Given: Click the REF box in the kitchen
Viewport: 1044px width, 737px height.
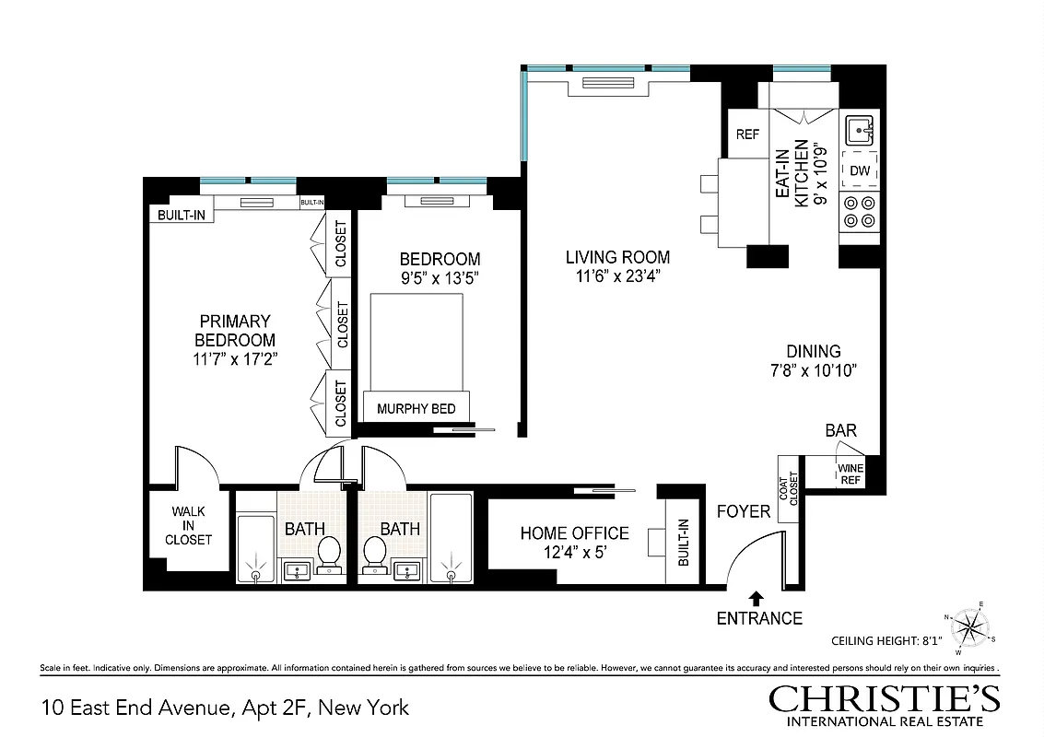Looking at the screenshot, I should coord(747,135).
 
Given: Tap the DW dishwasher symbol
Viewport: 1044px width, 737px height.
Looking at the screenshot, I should coord(860,170).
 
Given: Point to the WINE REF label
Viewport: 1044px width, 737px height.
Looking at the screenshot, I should coord(850,474).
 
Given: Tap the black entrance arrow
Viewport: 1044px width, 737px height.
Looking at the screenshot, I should coord(757,597).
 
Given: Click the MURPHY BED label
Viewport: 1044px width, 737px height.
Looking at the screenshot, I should coord(416,408).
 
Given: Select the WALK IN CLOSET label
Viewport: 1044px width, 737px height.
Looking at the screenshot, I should coord(188,525).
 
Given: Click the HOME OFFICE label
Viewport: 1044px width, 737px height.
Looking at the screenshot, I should coord(574,533).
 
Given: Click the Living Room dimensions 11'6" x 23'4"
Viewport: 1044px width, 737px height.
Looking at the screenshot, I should coord(617,275).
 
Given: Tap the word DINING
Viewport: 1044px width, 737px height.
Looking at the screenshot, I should coord(813,351).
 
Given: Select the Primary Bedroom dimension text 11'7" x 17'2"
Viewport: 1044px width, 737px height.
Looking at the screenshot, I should coord(235,359).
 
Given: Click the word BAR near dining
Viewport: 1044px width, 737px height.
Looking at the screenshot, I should coord(840,430).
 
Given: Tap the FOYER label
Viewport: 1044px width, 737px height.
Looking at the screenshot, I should coord(743,510).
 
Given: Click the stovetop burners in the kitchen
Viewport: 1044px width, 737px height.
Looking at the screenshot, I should coord(860,212).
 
